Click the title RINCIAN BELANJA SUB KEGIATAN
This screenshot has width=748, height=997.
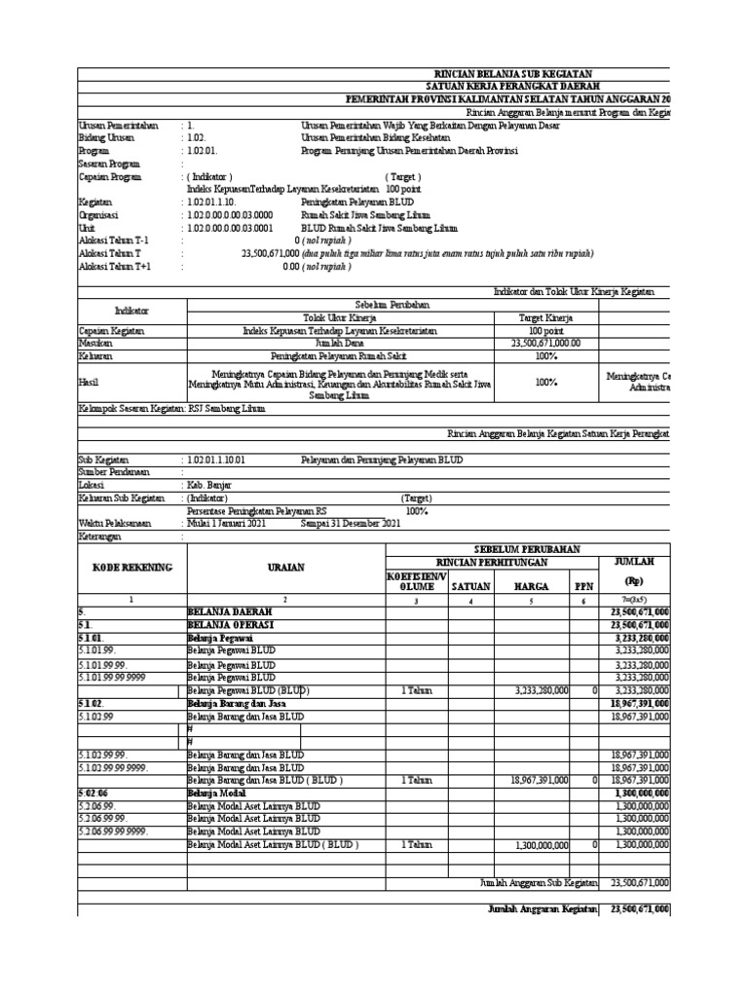pos(511,75)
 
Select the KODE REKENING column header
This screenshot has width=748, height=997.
pos(131,567)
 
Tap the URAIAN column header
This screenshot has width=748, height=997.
pos(285,567)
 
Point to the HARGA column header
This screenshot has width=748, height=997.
pos(531,586)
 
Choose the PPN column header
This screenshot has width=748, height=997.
pos(583,586)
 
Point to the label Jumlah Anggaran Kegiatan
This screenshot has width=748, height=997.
pos(542,908)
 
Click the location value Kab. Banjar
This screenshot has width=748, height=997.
pos(209,484)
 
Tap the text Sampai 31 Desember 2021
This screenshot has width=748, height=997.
pos(351,523)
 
